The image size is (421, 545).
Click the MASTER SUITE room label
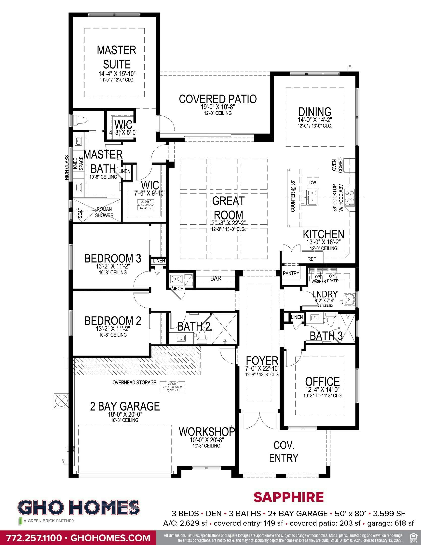point(117,57)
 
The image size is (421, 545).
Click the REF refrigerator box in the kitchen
point(312,259)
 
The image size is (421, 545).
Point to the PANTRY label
point(291,273)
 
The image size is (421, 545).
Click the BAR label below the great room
point(216,278)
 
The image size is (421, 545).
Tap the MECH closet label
point(177,289)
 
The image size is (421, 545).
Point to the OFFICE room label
point(322,381)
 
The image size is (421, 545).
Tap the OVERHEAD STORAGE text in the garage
point(134,383)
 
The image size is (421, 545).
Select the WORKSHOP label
point(207,432)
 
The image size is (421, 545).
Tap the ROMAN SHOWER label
point(104,212)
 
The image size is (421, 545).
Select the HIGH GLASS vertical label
point(67,168)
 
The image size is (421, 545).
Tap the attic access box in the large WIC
point(146,203)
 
